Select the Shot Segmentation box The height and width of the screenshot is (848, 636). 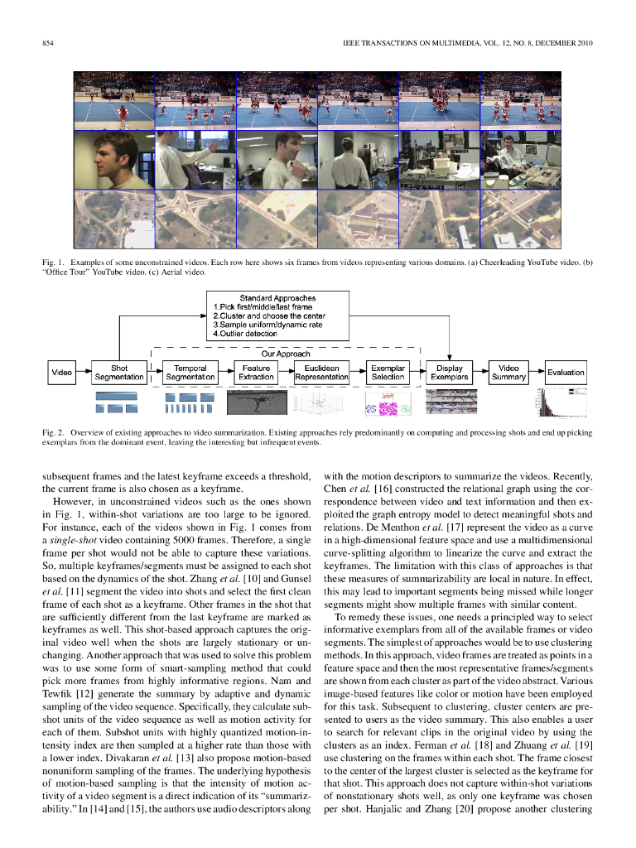pos(119,373)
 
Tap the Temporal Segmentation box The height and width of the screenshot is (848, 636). pos(190,373)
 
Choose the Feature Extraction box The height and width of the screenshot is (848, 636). pos(256,373)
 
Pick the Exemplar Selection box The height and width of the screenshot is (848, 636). pos(388,373)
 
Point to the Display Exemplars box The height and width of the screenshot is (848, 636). pos(449,373)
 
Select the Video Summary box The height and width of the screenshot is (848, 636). pos(508,373)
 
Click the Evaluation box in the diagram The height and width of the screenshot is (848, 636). pos(566,373)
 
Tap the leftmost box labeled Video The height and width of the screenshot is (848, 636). pos(61,373)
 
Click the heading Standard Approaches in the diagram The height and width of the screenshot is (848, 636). pos(277,298)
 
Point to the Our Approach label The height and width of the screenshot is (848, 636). pos(285,354)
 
